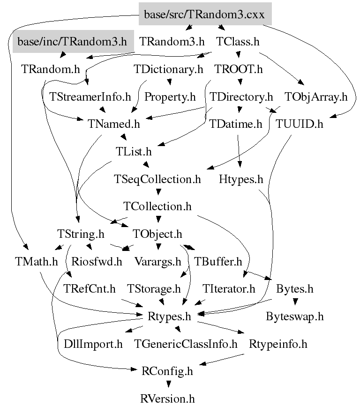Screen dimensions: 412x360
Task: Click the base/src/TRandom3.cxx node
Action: click(x=205, y=15)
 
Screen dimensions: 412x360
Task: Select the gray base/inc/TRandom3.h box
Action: click(x=73, y=42)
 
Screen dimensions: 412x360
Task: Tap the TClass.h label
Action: click(x=238, y=42)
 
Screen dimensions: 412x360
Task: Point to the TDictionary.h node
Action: click(x=168, y=70)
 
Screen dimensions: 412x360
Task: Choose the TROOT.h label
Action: click(x=239, y=70)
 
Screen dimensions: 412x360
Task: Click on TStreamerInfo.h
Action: click(x=90, y=97)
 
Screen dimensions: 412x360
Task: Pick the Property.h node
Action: click(x=170, y=97)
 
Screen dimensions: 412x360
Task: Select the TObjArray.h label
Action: click(x=316, y=97)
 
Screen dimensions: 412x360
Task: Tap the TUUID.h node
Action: click(x=300, y=125)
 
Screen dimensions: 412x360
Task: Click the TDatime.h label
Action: click(x=236, y=125)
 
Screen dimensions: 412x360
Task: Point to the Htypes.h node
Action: click(x=241, y=179)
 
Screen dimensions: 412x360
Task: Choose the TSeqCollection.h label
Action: click(x=157, y=179)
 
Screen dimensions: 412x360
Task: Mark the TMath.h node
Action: click(x=36, y=261)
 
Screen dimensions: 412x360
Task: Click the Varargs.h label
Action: click(x=157, y=261)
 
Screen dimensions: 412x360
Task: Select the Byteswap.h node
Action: click(x=294, y=316)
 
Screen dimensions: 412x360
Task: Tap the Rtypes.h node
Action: click(x=170, y=316)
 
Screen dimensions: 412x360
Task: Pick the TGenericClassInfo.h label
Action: click(x=186, y=344)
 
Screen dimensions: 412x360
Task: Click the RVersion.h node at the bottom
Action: click(x=167, y=399)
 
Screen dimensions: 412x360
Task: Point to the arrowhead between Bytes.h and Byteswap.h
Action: click(x=295, y=302)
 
